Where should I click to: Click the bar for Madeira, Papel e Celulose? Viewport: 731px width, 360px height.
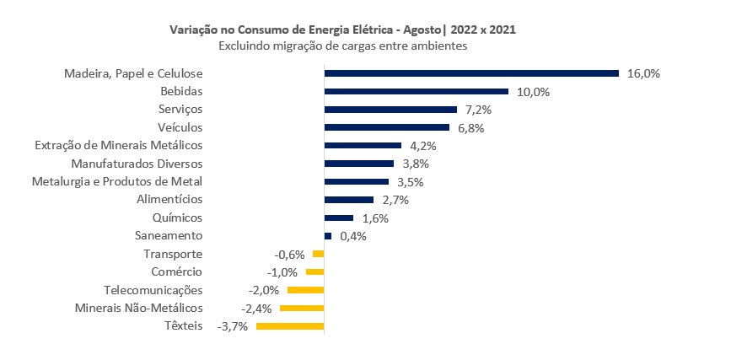coord(471,73)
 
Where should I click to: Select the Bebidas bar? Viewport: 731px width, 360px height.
coord(417,91)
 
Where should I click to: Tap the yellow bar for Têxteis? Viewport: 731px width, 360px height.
coord(290,326)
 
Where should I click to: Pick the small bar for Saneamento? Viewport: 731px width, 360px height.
coord(328,236)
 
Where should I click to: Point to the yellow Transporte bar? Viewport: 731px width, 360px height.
coord(318,254)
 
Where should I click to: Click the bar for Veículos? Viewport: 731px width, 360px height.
coord(387,127)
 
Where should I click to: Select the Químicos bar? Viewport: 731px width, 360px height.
coord(339,218)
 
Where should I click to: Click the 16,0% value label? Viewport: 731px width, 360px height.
coord(643,73)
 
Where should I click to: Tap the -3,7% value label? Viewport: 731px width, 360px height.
coord(233,326)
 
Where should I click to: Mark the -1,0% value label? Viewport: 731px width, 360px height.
coord(283,272)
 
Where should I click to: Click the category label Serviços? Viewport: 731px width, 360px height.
coord(180,110)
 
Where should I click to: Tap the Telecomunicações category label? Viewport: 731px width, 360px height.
coord(153,290)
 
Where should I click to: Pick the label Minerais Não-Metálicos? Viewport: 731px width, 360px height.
coord(139,309)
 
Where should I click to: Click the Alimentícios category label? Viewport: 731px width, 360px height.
coord(169,200)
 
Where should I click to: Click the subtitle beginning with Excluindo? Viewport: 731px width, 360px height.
coord(343,46)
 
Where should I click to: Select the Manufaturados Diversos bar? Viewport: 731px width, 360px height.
coord(359,164)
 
